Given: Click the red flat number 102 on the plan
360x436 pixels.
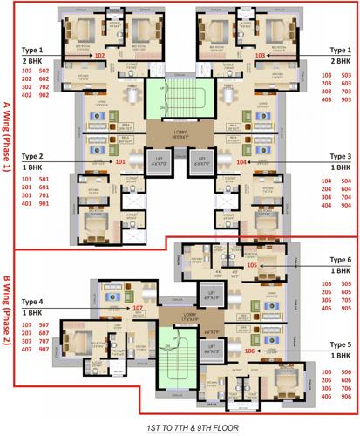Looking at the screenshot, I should point(99,56).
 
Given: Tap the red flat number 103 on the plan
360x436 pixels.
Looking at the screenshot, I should point(260,56).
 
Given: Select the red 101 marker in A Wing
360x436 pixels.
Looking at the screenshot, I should point(120,161).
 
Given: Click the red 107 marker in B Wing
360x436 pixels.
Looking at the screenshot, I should point(137,308).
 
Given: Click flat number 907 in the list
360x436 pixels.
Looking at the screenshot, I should point(45,349).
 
